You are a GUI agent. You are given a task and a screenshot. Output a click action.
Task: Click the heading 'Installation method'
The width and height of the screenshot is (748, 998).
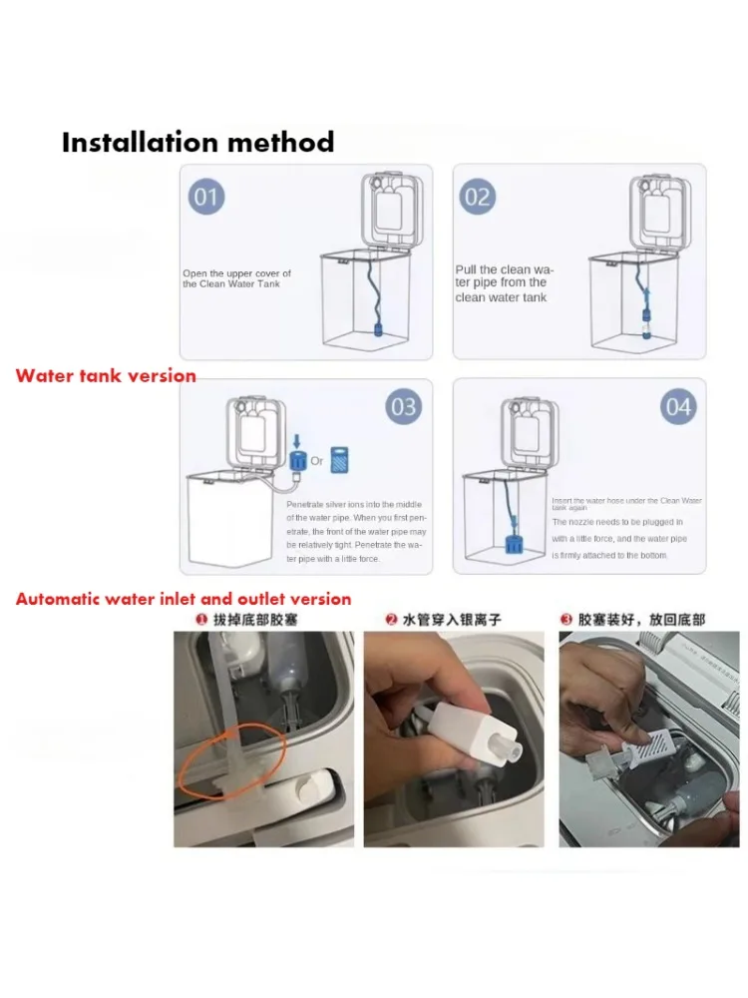pos(197,142)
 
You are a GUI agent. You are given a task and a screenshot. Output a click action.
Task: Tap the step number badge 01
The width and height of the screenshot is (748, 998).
pos(205,197)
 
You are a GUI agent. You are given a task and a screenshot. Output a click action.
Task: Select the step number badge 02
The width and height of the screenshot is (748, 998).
pos(478,197)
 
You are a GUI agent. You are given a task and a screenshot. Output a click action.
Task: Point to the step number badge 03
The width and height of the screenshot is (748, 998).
pos(404,407)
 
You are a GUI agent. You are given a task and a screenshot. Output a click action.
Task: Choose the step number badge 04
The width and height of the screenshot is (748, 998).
pos(678,407)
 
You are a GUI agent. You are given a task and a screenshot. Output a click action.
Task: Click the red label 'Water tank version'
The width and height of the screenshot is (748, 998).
pos(106,376)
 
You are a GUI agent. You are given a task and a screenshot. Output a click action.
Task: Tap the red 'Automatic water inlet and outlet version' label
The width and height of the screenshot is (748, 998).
pos(184,599)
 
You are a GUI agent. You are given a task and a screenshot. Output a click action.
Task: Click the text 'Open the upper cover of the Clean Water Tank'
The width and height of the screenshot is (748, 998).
pos(236,278)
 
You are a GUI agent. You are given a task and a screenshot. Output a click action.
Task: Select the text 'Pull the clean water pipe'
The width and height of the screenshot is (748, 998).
pos(505,283)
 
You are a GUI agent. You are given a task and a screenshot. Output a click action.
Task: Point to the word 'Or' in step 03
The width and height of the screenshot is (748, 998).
pos(316,461)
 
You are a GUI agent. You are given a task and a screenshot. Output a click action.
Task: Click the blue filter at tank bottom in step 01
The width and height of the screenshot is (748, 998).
pos(379,329)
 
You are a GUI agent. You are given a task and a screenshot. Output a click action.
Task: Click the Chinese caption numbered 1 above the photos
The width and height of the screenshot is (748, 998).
pos(249,620)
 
